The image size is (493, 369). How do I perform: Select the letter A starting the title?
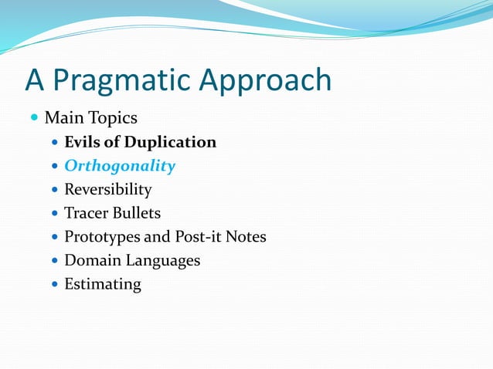click(x=35, y=80)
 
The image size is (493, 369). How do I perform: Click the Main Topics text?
click(x=90, y=118)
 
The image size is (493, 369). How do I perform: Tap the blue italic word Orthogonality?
click(x=120, y=166)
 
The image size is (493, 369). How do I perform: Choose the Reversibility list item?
click(x=107, y=189)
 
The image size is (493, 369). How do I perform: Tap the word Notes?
click(x=246, y=236)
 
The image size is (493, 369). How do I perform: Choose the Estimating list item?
click(x=102, y=284)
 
